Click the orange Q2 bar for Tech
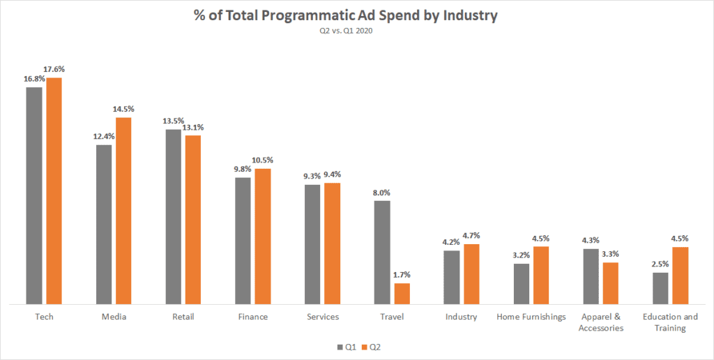(x=54, y=191)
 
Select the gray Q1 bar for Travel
(x=382, y=253)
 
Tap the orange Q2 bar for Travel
(x=402, y=294)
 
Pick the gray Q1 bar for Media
(x=104, y=225)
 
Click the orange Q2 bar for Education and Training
(x=681, y=276)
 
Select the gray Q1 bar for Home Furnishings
(x=522, y=284)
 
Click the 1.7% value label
(x=403, y=275)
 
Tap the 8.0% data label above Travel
(x=381, y=193)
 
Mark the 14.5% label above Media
(x=123, y=109)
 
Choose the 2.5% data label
(x=661, y=264)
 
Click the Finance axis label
(x=252, y=317)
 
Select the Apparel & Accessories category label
(x=601, y=322)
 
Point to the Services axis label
(x=323, y=317)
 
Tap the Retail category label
(x=183, y=317)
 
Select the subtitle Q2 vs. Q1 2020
(x=357, y=31)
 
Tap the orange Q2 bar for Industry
(x=471, y=274)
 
